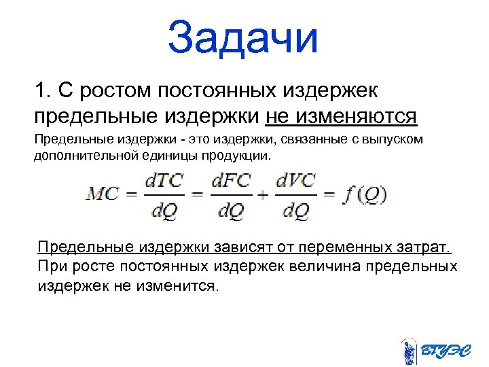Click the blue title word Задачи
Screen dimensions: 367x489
[243, 37]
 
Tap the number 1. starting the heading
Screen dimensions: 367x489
[44, 90]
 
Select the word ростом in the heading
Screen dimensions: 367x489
[114, 90]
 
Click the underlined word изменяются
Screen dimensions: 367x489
[342, 116]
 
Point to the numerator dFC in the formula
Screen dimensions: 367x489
[231, 181]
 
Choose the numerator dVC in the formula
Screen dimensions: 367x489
[296, 181]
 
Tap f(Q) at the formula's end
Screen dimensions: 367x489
[364, 195]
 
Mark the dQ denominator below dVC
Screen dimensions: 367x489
[296, 211]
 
